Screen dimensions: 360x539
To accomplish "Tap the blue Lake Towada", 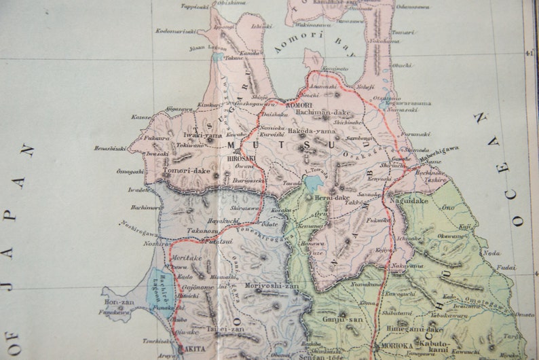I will (x=314, y=182).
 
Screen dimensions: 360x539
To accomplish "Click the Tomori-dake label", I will (x=187, y=170).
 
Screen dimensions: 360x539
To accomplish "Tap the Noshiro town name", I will (x=155, y=242).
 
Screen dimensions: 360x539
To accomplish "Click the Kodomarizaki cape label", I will (x=176, y=31).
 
